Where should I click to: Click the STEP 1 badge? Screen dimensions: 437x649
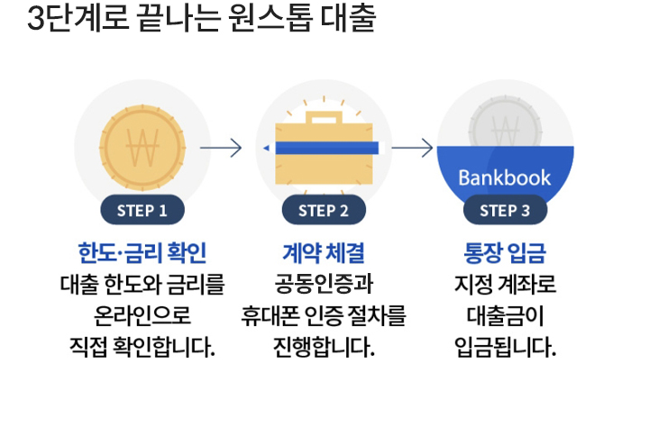(x=142, y=211)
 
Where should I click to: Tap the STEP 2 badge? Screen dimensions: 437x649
(x=324, y=211)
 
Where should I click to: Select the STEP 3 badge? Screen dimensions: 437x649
(x=505, y=211)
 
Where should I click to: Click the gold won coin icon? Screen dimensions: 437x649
(x=142, y=147)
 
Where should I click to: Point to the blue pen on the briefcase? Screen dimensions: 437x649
(x=324, y=147)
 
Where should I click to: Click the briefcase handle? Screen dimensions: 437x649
(x=324, y=117)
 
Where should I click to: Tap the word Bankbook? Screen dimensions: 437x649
(x=505, y=177)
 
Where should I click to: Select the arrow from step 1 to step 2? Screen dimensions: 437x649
(x=221, y=147)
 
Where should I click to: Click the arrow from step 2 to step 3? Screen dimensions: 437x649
(x=414, y=147)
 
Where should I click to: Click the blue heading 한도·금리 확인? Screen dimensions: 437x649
(x=142, y=251)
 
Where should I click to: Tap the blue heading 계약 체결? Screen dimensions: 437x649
(x=324, y=251)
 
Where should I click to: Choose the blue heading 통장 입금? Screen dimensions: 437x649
(x=505, y=251)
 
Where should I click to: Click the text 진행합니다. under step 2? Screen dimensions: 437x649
(x=324, y=346)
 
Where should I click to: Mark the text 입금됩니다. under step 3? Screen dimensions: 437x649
(x=505, y=346)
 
